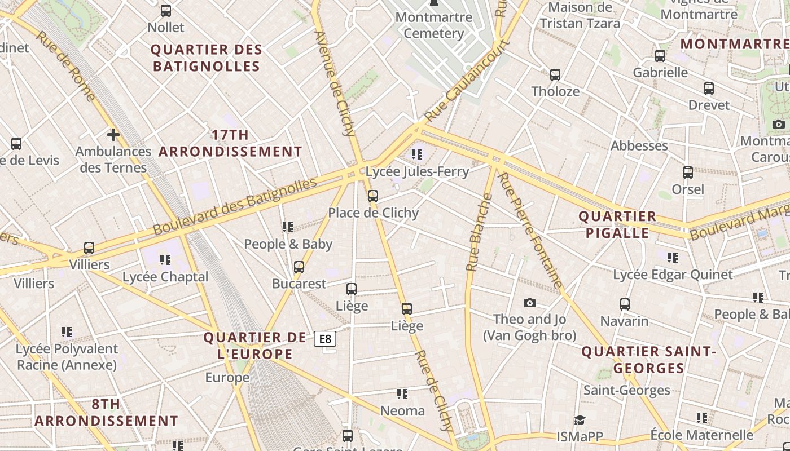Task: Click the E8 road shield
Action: pos(325,339)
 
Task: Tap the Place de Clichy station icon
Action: pos(372,196)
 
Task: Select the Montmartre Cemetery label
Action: pos(433,25)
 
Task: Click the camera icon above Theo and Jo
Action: pos(529,303)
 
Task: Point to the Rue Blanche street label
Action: pos(479,233)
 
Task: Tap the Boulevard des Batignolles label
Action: pos(235,207)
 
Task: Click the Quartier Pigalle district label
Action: pos(617,224)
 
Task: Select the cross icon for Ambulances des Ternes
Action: pos(113,135)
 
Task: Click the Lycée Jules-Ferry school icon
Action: pos(417,154)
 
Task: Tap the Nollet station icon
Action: pos(166,11)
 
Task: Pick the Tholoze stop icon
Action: pos(555,74)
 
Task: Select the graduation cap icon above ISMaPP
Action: pos(580,420)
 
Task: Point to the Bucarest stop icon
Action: pos(299,267)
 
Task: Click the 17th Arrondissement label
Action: pos(230,143)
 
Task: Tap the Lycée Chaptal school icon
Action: pos(165,260)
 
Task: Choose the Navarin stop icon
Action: pos(625,304)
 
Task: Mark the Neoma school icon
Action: pos(402,394)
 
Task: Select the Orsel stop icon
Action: pos(688,173)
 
